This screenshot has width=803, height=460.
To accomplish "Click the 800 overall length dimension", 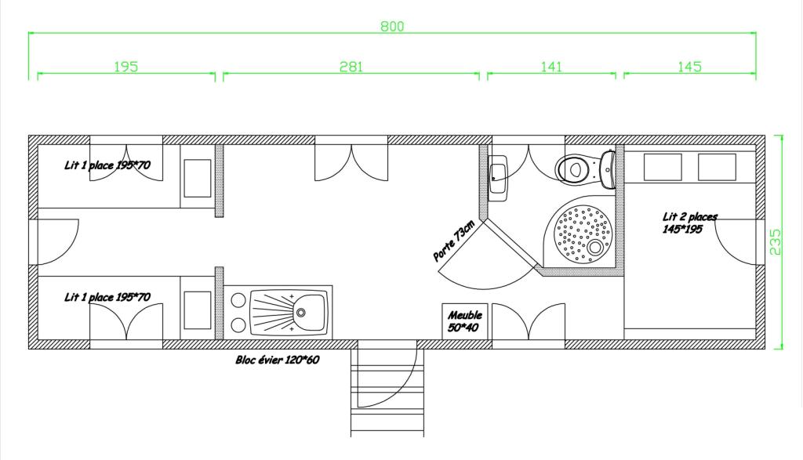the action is (392, 27).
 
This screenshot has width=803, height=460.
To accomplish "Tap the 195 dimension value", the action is (126, 67).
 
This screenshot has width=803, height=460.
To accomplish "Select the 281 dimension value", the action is (351, 67).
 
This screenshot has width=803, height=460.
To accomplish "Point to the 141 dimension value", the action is (551, 67).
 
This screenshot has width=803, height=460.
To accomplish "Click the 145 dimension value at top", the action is (689, 67).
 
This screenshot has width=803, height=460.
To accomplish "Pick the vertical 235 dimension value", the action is (776, 242).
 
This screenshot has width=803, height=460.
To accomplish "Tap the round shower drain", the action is (595, 248).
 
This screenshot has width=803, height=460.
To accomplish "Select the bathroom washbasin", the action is (497, 178).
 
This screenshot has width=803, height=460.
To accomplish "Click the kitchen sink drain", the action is (301, 312).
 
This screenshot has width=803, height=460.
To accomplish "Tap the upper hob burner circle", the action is (238, 300).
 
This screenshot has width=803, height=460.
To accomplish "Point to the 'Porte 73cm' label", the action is (454, 241).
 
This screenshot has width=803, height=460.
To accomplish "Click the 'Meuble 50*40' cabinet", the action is (465, 321).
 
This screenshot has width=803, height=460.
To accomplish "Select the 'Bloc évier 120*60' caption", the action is (278, 360).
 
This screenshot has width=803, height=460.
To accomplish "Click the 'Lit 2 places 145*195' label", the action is (689, 223).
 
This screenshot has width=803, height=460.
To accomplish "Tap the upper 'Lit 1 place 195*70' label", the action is (107, 165).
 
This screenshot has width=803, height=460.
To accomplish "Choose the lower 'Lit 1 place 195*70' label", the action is (107, 297).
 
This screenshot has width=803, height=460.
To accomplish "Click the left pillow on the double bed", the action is (663, 168).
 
